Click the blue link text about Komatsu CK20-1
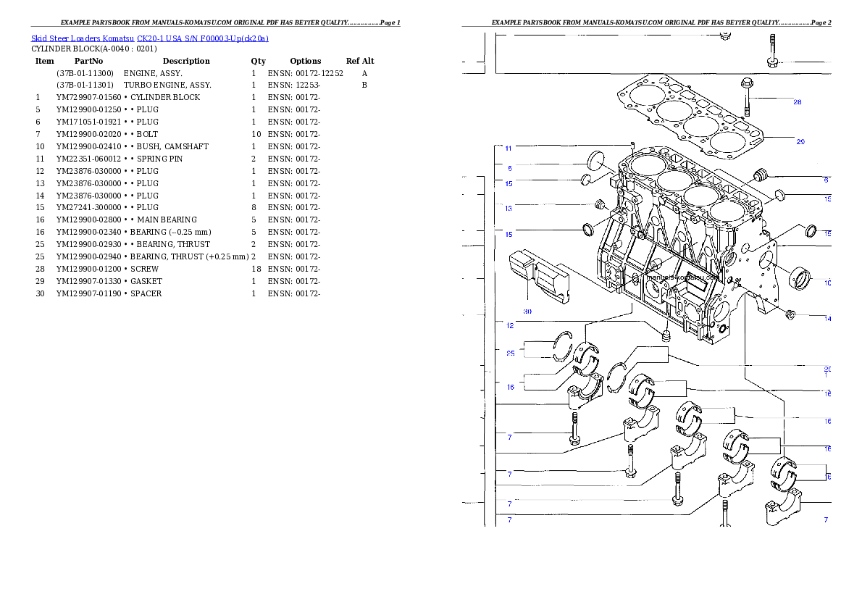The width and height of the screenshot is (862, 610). click(149, 38)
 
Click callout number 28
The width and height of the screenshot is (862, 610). click(797, 102)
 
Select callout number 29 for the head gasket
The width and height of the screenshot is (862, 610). click(800, 142)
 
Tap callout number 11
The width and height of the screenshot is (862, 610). click(509, 149)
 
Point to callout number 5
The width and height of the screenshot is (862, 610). click(509, 168)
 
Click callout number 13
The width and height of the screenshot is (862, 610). click(509, 209)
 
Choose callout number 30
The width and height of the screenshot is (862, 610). click(527, 312)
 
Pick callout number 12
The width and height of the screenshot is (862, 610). click(510, 326)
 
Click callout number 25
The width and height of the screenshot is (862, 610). click(511, 354)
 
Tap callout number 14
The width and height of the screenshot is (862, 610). click(827, 319)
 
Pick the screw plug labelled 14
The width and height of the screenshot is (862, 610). click(791, 314)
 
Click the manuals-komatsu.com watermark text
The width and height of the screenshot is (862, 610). click(681, 277)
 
